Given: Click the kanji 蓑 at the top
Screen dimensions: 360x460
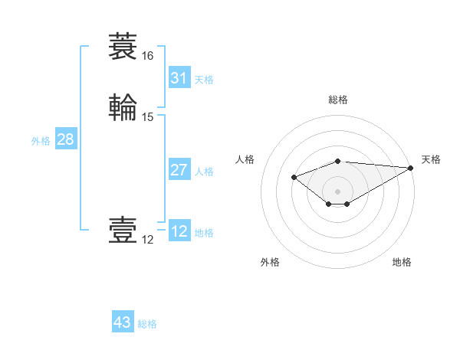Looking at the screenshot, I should [123, 47].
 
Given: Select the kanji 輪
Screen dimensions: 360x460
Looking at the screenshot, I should [123, 107].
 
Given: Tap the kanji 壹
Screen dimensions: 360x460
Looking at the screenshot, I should [123, 231].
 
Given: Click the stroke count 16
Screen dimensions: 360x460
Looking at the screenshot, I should [147, 56].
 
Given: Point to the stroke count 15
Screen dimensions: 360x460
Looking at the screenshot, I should [148, 117].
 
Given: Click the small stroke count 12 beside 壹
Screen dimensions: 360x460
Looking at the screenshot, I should [147, 240].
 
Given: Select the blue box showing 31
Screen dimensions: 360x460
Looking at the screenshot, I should [179, 78].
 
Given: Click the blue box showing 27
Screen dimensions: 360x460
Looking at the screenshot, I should [179, 170].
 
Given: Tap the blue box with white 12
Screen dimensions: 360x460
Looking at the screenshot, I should [179, 231].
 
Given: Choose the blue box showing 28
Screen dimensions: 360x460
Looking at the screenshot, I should [65, 140].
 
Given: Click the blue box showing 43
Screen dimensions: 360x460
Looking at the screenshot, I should [123, 322].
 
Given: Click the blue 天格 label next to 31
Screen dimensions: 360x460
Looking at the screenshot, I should [204, 80].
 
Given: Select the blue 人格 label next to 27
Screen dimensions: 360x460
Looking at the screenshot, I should [204, 172].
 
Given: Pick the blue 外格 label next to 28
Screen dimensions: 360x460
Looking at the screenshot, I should [41, 141].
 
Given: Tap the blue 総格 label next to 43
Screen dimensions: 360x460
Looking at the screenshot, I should [147, 324].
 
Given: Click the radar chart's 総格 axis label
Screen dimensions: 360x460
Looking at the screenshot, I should [337, 100].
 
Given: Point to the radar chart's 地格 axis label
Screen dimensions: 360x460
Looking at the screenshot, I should [402, 262].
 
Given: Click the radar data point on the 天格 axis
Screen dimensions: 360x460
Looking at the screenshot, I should [412, 167].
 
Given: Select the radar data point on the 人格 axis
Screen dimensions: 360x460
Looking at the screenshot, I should [294, 177].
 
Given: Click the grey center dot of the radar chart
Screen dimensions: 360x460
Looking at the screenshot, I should [337, 191].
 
